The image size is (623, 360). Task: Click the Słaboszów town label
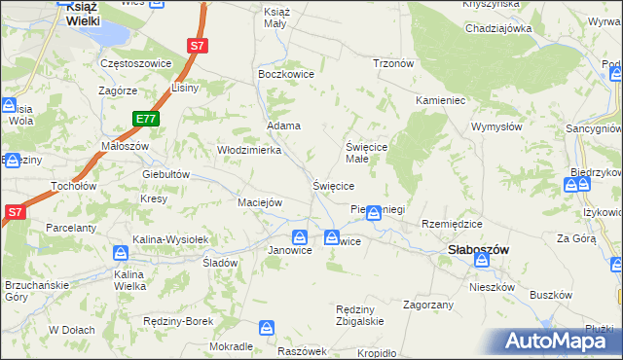pos(479,249)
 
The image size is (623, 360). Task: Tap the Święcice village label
pos(332,185)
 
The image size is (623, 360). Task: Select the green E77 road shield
pos(146,119)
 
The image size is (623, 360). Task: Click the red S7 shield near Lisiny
pos(198,45)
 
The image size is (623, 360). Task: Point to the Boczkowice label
pos(282,73)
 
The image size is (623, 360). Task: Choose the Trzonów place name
pos(393,63)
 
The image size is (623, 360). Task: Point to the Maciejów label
pos(260,202)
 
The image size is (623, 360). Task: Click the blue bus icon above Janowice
pos(301,236)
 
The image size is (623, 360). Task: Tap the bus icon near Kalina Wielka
pos(120,253)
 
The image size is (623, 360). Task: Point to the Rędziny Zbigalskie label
pos(360,314)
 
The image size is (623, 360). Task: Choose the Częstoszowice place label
pos(136,63)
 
